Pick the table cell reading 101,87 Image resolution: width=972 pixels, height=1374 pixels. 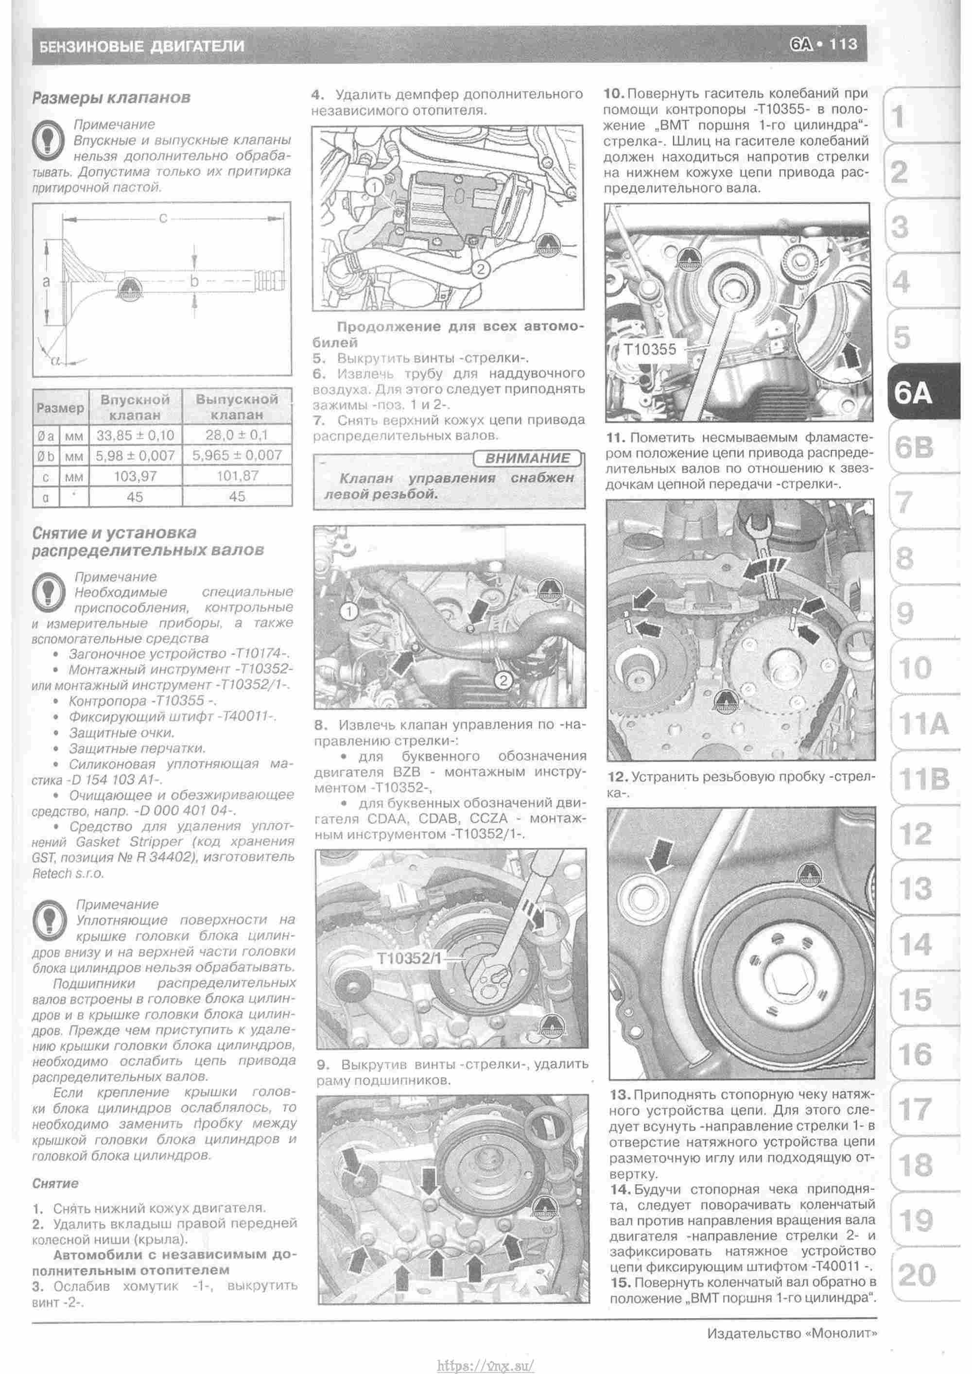tap(237, 476)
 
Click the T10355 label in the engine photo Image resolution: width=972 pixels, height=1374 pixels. tap(649, 349)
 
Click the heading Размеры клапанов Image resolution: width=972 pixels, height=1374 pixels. tap(111, 98)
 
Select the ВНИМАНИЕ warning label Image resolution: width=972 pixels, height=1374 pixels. tap(527, 458)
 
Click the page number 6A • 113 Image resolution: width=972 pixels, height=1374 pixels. tap(824, 45)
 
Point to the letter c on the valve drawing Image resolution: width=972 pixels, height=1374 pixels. tap(163, 219)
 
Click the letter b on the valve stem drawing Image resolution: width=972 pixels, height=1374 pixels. tap(194, 280)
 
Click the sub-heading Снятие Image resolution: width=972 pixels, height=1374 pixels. tap(55, 1183)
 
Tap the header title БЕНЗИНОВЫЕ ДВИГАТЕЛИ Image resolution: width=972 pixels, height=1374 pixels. tap(142, 46)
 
